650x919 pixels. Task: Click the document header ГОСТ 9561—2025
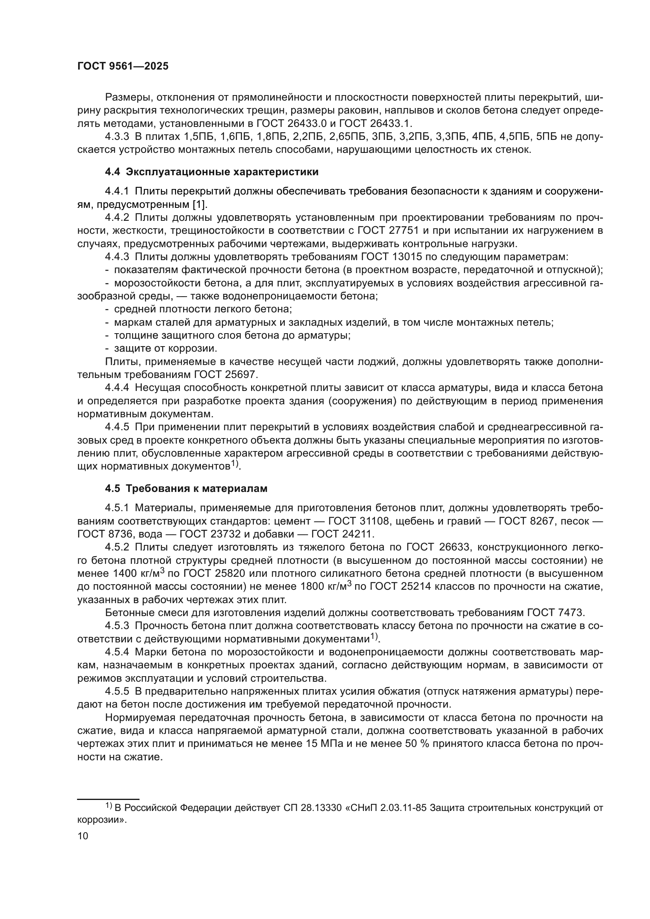(123, 66)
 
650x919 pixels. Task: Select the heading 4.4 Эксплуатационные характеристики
(212, 172)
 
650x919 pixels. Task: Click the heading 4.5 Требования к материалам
(186, 489)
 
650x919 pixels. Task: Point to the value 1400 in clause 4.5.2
(125, 574)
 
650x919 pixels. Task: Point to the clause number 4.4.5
(117, 427)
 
